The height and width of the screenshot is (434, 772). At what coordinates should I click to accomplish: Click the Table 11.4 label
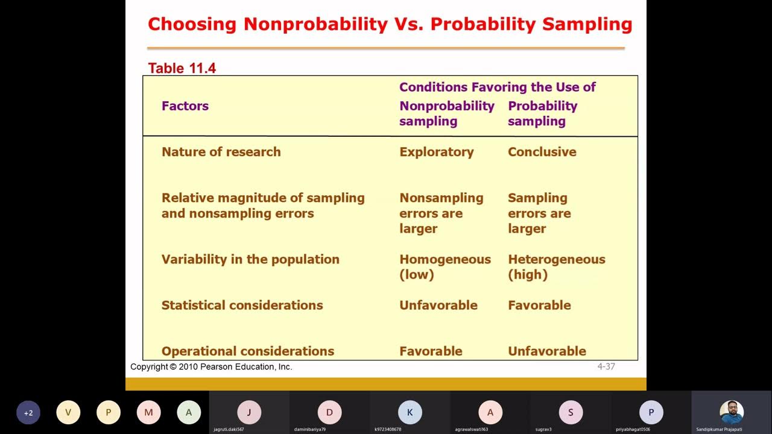coord(182,68)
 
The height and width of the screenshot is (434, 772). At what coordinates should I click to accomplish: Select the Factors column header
coord(185,106)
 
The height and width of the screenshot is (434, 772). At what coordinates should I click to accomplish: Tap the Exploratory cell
coord(436,152)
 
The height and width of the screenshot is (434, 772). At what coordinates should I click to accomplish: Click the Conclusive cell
coord(542,152)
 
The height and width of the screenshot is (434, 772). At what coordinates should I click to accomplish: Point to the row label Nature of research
coord(221,152)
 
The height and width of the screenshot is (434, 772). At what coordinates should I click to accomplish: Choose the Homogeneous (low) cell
coord(445,266)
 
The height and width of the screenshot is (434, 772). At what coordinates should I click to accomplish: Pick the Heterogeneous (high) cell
coord(556,266)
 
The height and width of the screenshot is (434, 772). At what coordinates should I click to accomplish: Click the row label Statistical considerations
coord(242,305)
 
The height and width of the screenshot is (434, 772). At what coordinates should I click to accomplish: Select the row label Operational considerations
coord(247,351)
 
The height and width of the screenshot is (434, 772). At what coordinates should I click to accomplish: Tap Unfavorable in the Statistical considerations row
coord(438,305)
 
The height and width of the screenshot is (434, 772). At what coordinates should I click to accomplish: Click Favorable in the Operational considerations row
coord(431,351)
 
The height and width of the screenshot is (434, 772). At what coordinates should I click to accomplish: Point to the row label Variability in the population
coord(250,259)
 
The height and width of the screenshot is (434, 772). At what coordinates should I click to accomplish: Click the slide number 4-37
coord(606,366)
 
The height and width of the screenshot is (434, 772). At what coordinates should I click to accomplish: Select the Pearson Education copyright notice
coord(211,366)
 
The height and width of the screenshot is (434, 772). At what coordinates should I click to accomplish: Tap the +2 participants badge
coord(28,413)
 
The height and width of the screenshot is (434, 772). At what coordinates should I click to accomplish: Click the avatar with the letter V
coord(68,413)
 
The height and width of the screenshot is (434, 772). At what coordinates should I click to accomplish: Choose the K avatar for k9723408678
coord(410,413)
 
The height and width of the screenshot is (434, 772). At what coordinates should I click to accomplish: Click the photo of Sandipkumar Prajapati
coord(731,412)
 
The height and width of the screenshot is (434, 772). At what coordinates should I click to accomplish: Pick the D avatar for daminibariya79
coord(329,413)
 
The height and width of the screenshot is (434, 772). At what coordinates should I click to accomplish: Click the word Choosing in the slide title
coord(192,24)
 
